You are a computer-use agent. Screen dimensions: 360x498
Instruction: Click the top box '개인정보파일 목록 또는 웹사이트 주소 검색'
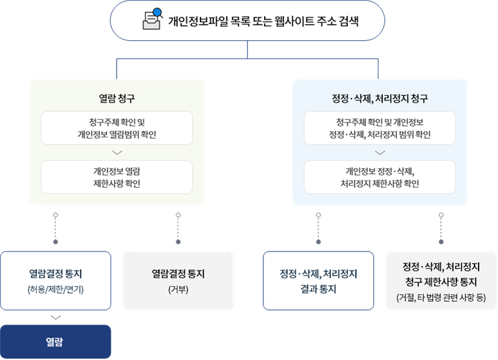[248, 21]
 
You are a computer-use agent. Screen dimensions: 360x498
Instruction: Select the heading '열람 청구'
[117, 99]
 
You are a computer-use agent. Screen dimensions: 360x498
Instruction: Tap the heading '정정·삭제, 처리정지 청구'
[379, 99]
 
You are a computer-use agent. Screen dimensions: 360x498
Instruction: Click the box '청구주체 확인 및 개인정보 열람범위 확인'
[117, 128]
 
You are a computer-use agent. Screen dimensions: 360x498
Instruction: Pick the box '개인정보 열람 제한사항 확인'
[117, 177]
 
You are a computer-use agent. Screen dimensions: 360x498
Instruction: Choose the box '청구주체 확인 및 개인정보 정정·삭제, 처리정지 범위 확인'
[379, 128]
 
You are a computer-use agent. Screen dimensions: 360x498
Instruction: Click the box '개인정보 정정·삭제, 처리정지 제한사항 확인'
[379, 177]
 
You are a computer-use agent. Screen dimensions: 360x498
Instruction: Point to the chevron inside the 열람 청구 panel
[117, 153]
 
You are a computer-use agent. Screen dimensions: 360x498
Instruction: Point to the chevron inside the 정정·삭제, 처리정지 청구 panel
[379, 153]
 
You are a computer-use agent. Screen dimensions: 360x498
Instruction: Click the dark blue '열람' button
[56, 342]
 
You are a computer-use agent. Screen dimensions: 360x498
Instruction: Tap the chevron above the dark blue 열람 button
[56, 318]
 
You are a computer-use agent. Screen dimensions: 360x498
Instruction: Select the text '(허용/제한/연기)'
[56, 290]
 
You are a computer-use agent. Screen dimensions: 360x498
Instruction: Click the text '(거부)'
[178, 290]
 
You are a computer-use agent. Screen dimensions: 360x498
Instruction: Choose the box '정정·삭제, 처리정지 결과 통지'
[318, 281]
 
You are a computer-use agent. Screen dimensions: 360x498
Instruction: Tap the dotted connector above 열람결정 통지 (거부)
[178, 228]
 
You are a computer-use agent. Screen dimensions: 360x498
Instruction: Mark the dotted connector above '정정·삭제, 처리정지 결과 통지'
[318, 228]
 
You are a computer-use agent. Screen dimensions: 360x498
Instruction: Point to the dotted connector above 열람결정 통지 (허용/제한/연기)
[56, 228]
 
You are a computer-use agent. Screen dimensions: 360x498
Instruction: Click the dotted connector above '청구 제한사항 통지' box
[441, 228]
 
